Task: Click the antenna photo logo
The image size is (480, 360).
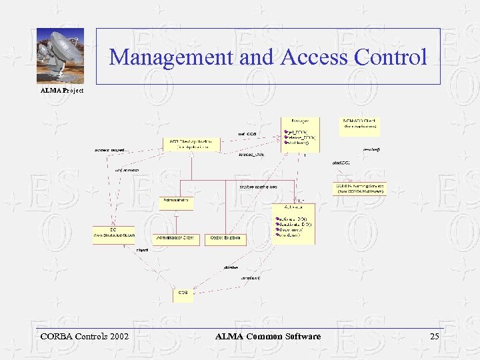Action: (60, 56)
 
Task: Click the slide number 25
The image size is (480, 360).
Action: (435, 337)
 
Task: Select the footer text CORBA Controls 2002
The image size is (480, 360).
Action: (85, 337)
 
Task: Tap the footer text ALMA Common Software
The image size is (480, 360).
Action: (268, 337)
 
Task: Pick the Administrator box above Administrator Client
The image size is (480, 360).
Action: (177, 203)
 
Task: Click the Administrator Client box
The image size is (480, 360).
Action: (176, 239)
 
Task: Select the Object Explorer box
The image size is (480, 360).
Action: (225, 239)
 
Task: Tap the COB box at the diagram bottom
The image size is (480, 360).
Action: (183, 294)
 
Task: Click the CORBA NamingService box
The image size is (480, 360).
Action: (359, 188)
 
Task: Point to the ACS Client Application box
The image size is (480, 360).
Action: (191, 144)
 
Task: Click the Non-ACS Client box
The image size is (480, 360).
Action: (360, 124)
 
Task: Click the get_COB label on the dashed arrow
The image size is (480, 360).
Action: (247, 134)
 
